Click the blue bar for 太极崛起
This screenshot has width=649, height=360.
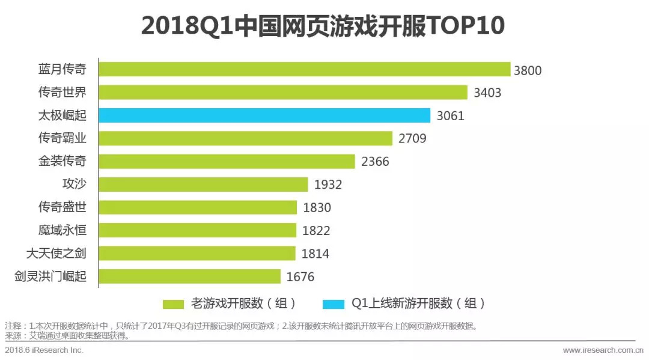tap(264, 115)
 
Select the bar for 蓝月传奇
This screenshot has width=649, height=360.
tap(304, 70)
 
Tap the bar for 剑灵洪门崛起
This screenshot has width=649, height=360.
tap(189, 276)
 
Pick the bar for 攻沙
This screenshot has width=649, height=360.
tap(203, 185)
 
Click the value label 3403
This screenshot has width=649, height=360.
tap(487, 93)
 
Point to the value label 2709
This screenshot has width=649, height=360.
tap(412, 139)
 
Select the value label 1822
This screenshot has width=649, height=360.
tap(316, 231)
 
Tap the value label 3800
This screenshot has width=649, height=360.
tap(528, 70)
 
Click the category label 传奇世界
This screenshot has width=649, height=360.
tap(62, 93)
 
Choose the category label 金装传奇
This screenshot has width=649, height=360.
tap(62, 161)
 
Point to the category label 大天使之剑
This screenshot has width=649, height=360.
tap(56, 253)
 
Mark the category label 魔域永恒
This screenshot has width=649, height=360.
tap(62, 230)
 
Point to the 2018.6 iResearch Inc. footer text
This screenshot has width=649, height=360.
tap(44, 350)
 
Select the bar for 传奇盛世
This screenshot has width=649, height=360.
tap(198, 207)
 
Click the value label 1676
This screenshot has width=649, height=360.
tap(300, 277)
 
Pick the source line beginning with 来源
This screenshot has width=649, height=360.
tap(67, 336)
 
